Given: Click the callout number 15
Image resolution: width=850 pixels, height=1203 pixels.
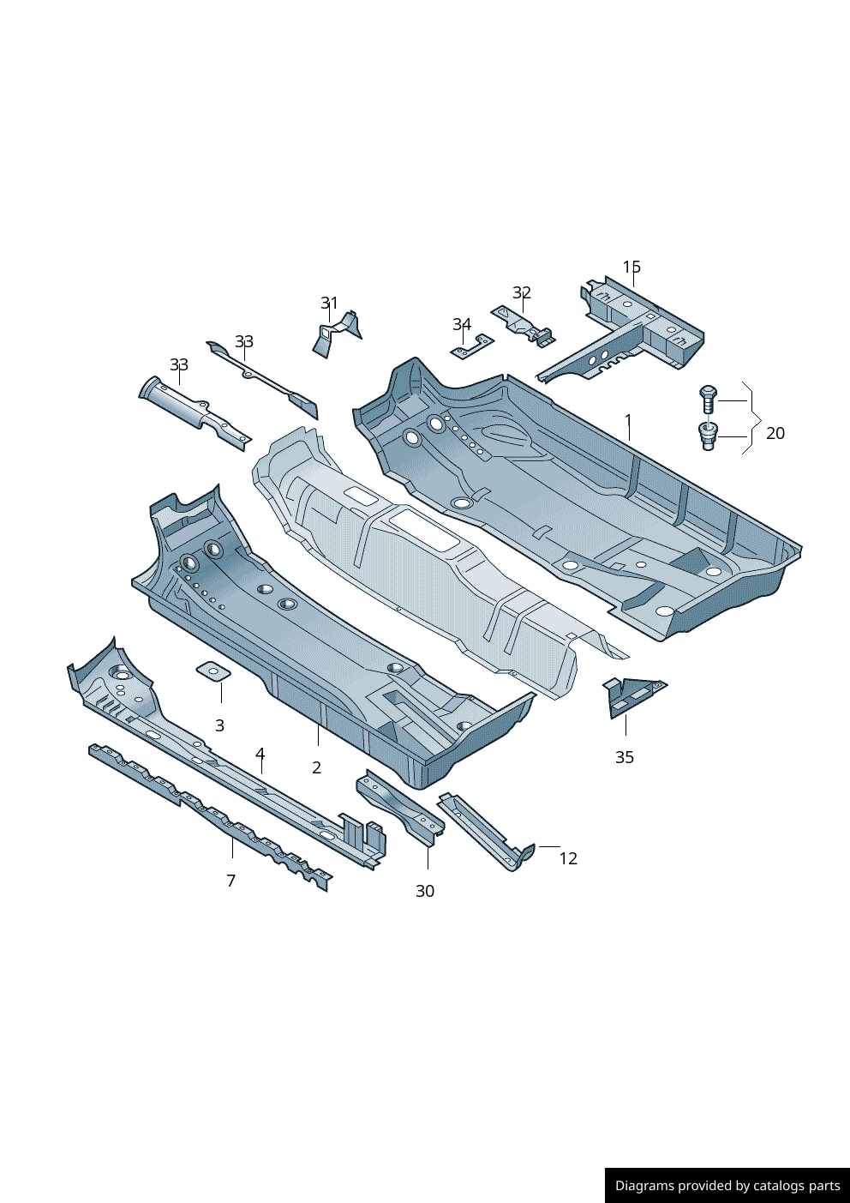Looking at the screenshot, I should pyautogui.click(x=632, y=267).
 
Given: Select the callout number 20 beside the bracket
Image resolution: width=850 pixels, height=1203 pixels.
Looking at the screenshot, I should pyautogui.click(x=775, y=433).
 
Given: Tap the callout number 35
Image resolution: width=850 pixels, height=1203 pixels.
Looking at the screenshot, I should pyautogui.click(x=625, y=757).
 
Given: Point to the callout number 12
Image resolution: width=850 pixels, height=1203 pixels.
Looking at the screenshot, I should pyautogui.click(x=568, y=858).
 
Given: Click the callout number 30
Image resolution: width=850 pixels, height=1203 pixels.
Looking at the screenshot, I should pyautogui.click(x=425, y=891).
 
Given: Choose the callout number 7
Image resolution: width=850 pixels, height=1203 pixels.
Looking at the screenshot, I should pyautogui.click(x=230, y=881).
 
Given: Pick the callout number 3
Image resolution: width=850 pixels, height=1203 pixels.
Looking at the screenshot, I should pyautogui.click(x=219, y=725).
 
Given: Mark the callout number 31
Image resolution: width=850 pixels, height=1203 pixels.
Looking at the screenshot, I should pyautogui.click(x=329, y=303).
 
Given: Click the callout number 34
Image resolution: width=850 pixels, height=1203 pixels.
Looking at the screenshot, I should pyautogui.click(x=462, y=324).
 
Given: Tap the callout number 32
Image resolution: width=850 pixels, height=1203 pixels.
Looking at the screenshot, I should pyautogui.click(x=522, y=292).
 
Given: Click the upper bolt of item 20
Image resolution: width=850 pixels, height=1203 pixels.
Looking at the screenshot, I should pyautogui.click(x=708, y=399).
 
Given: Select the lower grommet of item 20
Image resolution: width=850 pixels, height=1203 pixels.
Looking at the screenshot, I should pyautogui.click(x=708, y=436).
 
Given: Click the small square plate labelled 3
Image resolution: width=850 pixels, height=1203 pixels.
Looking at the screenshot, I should pyautogui.click(x=213, y=671).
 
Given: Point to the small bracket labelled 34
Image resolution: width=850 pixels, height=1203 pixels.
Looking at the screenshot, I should pyautogui.click(x=473, y=347).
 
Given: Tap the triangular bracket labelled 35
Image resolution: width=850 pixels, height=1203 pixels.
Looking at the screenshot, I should pyautogui.click(x=631, y=695).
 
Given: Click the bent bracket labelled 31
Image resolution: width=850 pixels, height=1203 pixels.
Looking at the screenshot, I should pyautogui.click(x=334, y=334).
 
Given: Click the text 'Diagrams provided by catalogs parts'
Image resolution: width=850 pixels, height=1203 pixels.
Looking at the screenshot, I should pyautogui.click(x=727, y=1186).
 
